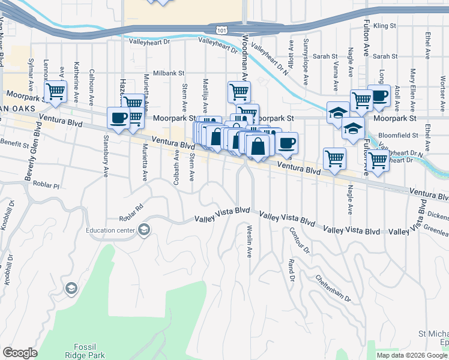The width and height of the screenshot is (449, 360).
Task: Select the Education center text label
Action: point(111,230)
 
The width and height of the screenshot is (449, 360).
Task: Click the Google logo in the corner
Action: point(19,353)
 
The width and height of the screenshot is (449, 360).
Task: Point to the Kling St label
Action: point(385,26)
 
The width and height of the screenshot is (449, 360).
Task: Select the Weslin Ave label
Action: point(249,241)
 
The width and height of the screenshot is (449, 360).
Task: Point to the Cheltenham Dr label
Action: point(331,288)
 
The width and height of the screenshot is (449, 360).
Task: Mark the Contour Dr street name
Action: point(298,240)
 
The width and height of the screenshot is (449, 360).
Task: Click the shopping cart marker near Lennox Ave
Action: point(55,92)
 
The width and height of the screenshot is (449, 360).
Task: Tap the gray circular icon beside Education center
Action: point(143,230)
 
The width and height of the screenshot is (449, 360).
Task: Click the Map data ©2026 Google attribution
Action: point(411,355)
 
